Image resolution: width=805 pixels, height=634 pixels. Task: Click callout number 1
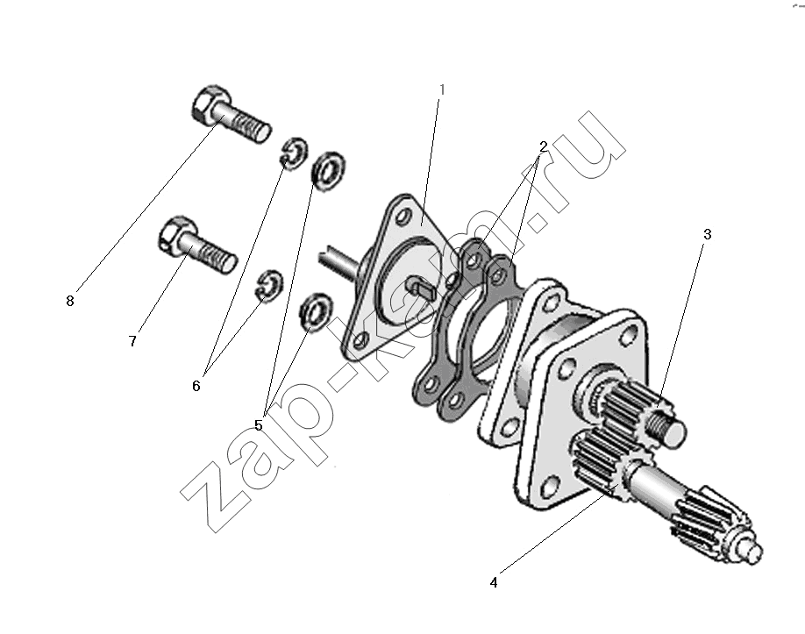(x=441, y=89)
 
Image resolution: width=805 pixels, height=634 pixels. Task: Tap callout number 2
(x=543, y=146)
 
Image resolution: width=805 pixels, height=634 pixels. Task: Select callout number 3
(x=707, y=235)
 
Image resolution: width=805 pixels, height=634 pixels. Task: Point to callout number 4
(x=494, y=582)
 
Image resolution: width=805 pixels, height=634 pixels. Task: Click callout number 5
(x=258, y=425)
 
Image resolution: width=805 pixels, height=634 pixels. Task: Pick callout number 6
(x=196, y=386)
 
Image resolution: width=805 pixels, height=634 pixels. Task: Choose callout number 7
(x=132, y=341)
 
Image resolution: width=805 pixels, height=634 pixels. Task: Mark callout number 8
(x=70, y=302)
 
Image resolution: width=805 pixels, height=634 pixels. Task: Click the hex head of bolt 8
(x=209, y=103)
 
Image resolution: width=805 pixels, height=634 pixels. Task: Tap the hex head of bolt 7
(x=176, y=236)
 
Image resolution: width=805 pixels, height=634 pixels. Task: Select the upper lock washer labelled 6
(x=294, y=153)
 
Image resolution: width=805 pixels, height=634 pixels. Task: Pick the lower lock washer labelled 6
(x=268, y=285)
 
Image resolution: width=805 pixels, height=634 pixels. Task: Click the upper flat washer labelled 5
(x=329, y=172)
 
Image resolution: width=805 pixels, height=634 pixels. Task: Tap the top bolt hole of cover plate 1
(x=403, y=215)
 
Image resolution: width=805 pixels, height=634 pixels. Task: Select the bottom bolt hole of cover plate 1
(x=360, y=340)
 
